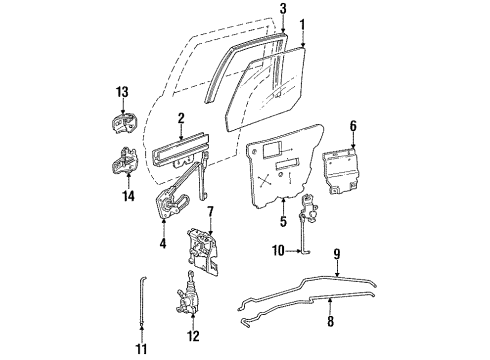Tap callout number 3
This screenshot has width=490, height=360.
(283, 9)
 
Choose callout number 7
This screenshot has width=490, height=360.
(209, 211)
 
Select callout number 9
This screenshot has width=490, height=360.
(338, 253)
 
